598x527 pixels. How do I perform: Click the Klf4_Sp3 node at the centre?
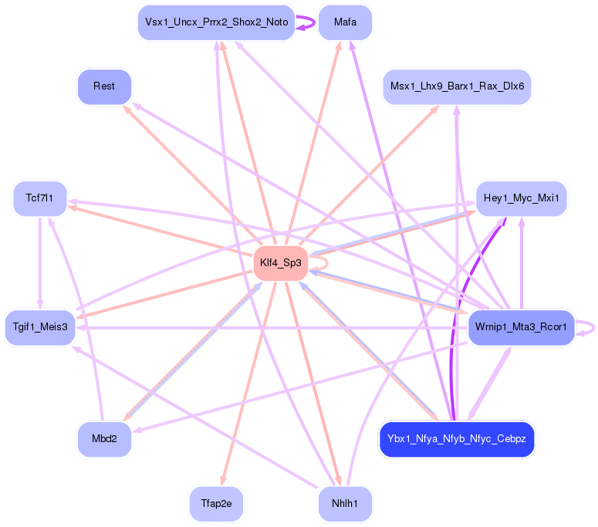click(282, 264)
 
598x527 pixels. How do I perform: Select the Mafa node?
click(345, 22)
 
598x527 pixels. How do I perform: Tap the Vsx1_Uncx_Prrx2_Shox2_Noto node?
click(216, 22)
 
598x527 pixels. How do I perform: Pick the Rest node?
click(104, 86)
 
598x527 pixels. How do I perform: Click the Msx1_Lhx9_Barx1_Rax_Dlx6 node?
click(457, 86)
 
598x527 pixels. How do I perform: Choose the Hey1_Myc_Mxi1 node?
click(522, 199)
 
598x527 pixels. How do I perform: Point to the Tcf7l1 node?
click(39, 199)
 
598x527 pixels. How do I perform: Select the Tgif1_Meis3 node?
click(39, 327)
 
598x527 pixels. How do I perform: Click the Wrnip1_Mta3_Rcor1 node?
click(522, 327)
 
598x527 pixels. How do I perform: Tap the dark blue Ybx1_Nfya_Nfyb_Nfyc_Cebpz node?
click(457, 440)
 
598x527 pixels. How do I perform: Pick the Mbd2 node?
click(104, 440)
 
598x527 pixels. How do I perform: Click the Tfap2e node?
click(216, 504)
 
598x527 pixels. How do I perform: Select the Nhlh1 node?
click(345, 504)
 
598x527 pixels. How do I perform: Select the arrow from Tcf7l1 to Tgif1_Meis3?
click(39, 262)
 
